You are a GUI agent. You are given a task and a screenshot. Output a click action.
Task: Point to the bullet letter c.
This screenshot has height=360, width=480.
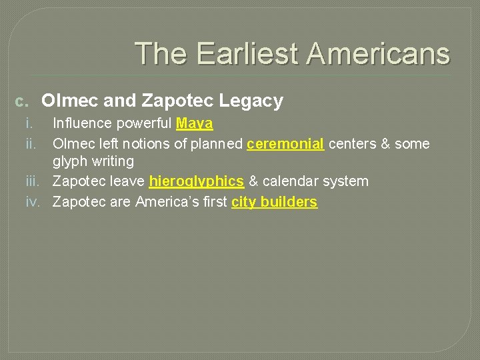(x=22, y=102)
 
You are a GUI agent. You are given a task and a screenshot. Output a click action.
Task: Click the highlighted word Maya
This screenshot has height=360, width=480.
(x=195, y=124)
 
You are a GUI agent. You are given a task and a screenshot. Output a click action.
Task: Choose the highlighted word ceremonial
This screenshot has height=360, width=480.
(x=285, y=143)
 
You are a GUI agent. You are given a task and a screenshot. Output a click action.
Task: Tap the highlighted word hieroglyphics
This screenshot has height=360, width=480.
(x=197, y=181)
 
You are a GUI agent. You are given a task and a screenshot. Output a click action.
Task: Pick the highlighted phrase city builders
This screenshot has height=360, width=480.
(x=275, y=201)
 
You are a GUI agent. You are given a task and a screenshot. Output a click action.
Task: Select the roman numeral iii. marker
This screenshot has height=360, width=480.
(x=33, y=181)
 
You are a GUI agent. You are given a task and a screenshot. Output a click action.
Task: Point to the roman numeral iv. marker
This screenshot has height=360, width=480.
(x=33, y=201)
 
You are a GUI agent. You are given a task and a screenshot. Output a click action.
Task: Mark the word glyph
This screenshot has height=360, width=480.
(x=69, y=162)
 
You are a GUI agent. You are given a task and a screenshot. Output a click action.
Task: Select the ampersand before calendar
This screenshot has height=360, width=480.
(x=253, y=181)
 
